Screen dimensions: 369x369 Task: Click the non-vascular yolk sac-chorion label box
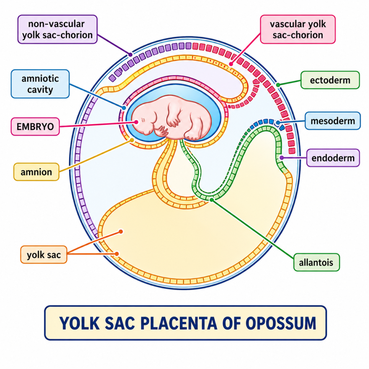click(x=57, y=30)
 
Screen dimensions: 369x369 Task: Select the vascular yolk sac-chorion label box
click(x=298, y=30)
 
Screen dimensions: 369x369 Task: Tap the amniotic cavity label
click(x=40, y=84)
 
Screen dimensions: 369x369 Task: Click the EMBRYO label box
click(x=35, y=126)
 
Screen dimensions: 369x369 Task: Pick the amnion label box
click(x=36, y=172)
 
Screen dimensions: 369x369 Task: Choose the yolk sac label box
click(x=44, y=254)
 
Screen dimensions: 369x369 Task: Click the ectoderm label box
click(x=330, y=80)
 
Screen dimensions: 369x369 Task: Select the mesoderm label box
click(x=332, y=121)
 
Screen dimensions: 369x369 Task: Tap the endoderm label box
click(x=333, y=158)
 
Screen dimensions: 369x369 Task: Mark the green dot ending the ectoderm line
click(x=278, y=85)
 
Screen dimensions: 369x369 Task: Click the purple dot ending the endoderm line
click(x=281, y=158)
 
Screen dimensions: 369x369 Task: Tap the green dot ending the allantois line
click(x=212, y=199)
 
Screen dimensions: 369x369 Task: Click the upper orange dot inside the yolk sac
click(x=121, y=231)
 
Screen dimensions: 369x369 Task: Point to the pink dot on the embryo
click(x=137, y=122)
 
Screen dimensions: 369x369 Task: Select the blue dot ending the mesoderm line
click(x=278, y=123)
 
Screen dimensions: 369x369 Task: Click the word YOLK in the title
click(x=79, y=323)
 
